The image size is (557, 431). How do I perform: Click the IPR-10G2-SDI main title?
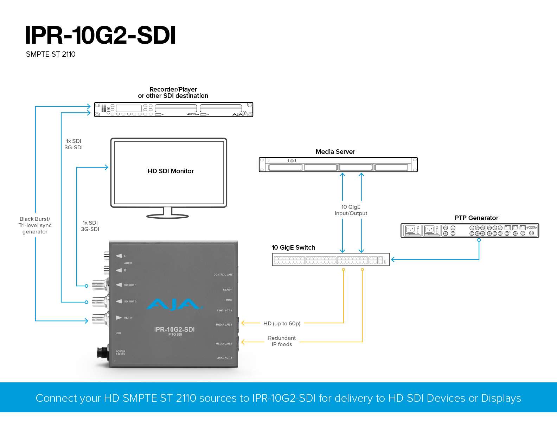tap(100, 35)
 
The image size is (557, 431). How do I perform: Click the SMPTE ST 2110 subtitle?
tap(51, 54)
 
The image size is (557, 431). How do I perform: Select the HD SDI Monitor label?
tap(171, 171)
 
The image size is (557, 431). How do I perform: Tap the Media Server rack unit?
tap(338, 165)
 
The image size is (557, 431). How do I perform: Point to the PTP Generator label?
tap(476, 218)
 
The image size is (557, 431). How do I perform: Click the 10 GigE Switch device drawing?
tap(331, 260)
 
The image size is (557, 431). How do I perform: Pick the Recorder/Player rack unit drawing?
tap(173, 110)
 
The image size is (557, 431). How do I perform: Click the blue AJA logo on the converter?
tap(174, 305)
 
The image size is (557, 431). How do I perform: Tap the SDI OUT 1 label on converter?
tap(130, 285)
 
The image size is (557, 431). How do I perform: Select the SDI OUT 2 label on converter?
tap(130, 301)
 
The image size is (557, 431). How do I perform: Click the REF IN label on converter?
tap(128, 318)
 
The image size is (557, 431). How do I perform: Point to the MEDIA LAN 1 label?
tap(224, 325)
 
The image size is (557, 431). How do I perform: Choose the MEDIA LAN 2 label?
tap(224, 344)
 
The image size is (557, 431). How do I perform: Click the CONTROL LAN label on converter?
tap(223, 275)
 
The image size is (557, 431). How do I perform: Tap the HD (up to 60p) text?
tap(282, 324)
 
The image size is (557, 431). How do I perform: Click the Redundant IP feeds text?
tap(282, 341)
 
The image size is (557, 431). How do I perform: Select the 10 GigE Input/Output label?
tap(351, 210)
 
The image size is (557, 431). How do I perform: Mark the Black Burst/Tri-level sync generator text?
tap(35, 225)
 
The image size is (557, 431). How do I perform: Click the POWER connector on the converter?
tap(103, 352)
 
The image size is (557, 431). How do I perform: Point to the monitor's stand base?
tap(167, 216)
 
